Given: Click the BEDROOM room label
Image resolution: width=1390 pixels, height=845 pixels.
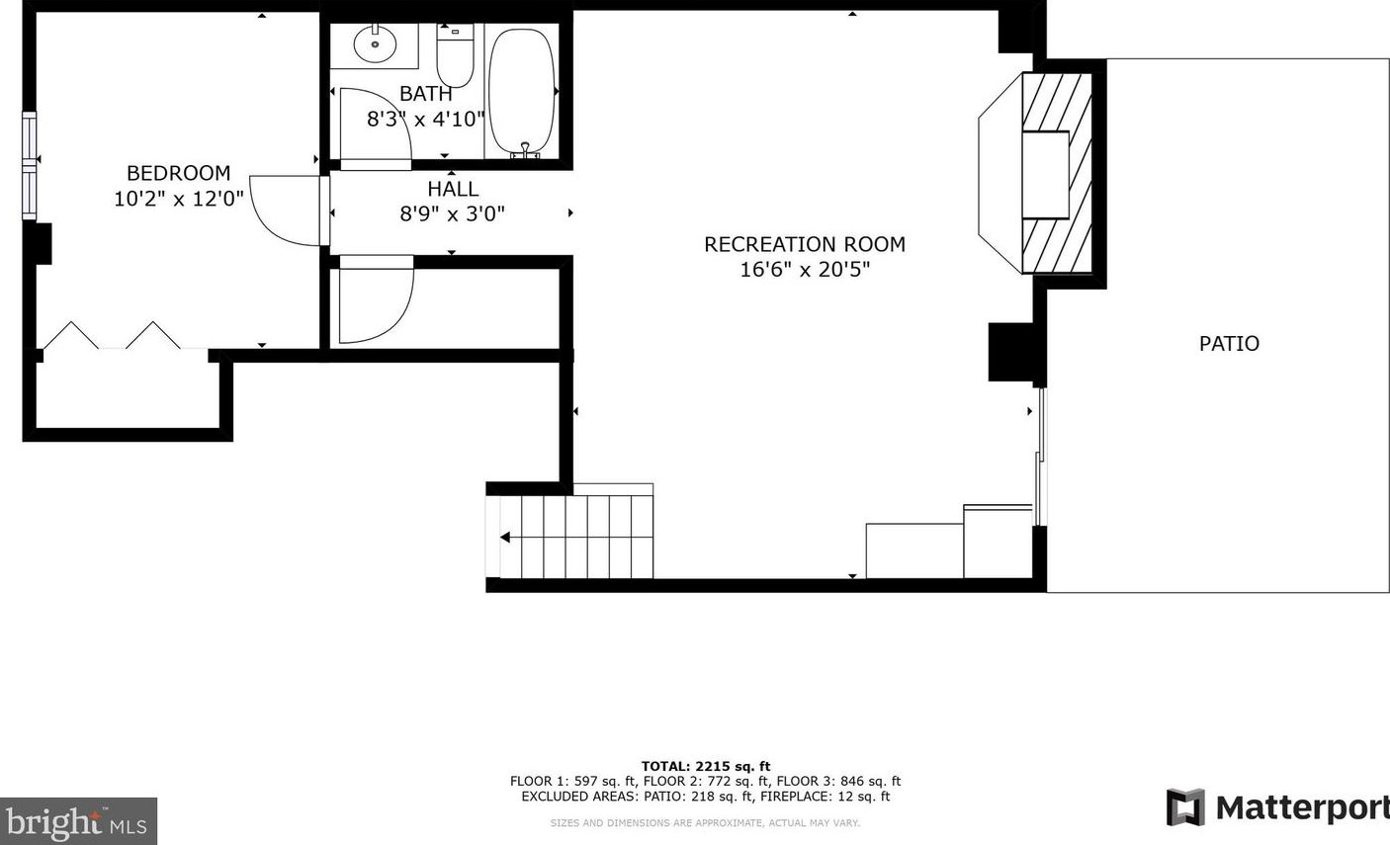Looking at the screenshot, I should (178, 173).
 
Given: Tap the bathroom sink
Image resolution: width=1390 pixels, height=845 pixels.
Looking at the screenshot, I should (375, 43).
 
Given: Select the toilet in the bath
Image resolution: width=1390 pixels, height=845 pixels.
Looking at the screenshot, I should (455, 57).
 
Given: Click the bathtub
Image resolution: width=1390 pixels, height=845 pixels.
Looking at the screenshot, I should (522, 91).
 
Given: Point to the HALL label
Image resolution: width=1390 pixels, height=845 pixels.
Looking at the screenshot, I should (453, 189).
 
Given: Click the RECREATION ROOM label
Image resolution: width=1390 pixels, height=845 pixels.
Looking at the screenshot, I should (804, 244).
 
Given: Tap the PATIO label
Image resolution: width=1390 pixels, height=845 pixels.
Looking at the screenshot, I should (1229, 344).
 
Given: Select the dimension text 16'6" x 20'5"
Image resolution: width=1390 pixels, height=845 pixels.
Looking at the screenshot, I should (805, 269).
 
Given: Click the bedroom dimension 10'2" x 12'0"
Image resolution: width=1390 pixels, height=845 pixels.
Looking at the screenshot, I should (178, 199).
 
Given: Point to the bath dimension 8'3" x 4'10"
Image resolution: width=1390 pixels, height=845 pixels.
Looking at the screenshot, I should (426, 120).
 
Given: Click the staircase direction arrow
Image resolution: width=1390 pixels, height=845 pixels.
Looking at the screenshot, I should (506, 538).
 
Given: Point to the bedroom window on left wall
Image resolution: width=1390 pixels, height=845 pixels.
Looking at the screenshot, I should (30, 165).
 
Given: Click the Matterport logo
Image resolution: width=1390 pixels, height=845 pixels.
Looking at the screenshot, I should (1276, 807).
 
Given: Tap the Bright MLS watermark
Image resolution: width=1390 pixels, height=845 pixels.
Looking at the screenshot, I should (77, 821).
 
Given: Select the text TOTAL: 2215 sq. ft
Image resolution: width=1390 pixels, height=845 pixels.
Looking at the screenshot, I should (705, 766).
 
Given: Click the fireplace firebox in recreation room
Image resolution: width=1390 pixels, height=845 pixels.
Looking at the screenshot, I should (1045, 175).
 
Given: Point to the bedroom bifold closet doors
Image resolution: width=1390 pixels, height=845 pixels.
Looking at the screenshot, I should (111, 336).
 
